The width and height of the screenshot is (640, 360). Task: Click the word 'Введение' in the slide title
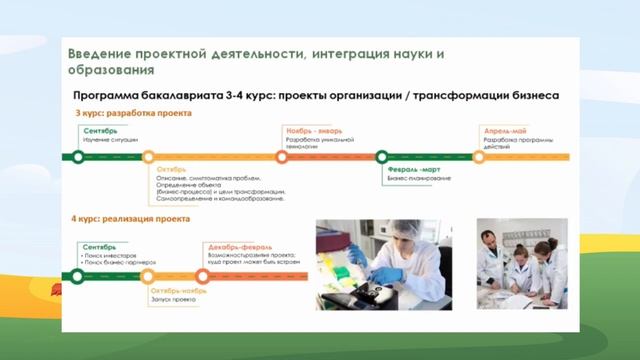point(99,52)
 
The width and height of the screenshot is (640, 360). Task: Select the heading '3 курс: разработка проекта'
point(121,113)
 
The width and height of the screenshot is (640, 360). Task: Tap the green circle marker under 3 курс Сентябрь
point(76,156)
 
